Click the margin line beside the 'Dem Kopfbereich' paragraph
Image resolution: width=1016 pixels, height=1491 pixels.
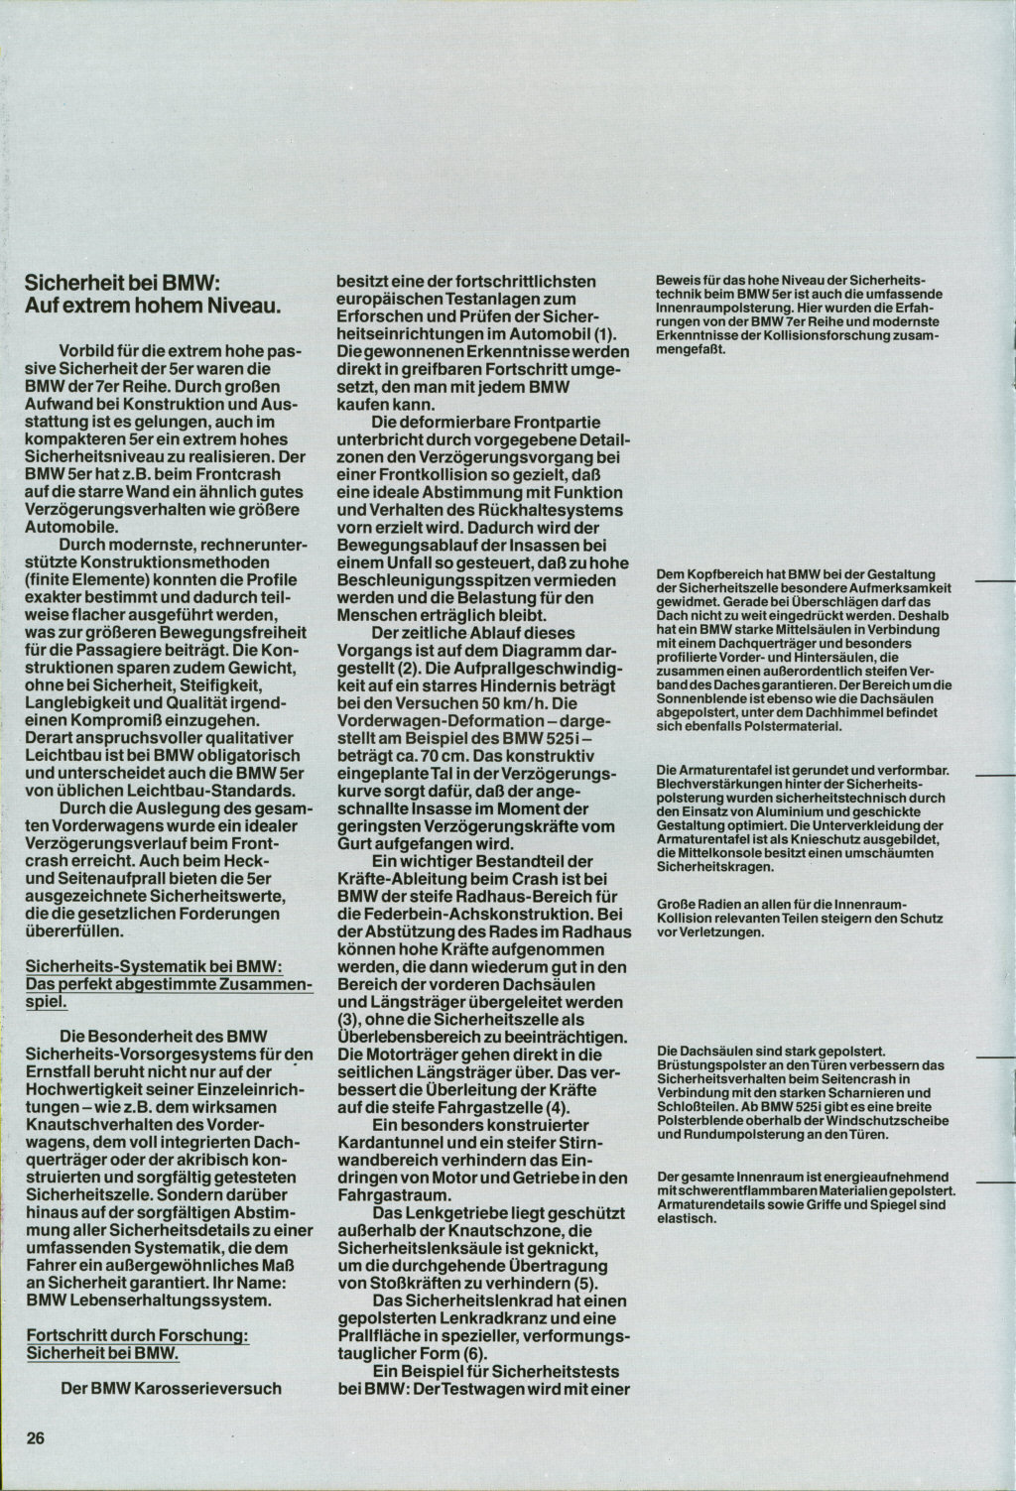pyautogui.click(x=995, y=582)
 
